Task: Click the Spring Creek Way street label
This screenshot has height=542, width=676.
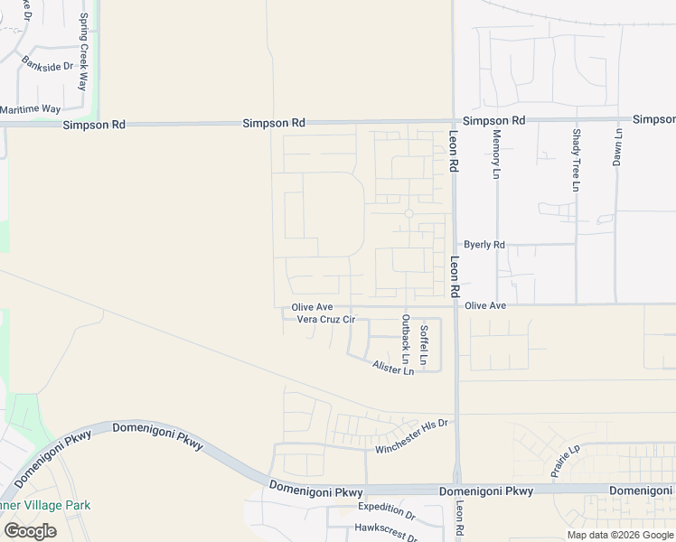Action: coord(83,51)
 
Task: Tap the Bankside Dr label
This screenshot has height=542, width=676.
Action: coord(47,66)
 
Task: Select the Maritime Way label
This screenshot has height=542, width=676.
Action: coord(30,109)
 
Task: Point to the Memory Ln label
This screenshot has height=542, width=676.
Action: coord(496,154)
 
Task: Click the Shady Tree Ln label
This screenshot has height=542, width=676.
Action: coord(576,160)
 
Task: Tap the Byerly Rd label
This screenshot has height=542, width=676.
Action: coord(484,245)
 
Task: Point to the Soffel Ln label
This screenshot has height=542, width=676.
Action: coord(424,344)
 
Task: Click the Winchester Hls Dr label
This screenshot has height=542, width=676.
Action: coord(412,436)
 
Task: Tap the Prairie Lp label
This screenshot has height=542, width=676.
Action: coord(565,463)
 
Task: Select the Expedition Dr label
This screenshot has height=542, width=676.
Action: coord(386,511)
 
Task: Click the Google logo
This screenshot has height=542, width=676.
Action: coord(30,531)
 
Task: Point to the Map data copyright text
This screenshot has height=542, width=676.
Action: coord(619,535)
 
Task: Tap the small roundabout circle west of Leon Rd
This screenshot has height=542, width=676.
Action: coord(408,213)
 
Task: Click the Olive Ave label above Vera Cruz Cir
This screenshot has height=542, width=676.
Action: coord(312,307)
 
